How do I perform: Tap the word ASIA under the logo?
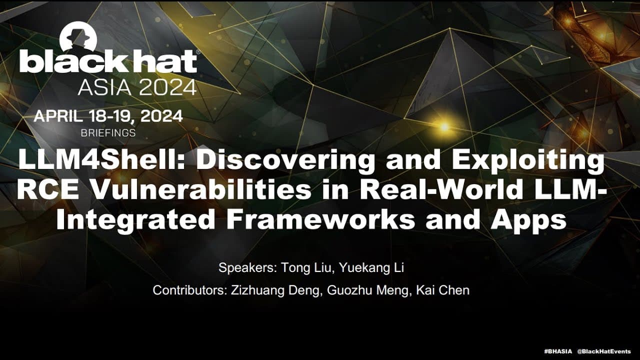click(103, 87)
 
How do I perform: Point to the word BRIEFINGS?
click(108, 133)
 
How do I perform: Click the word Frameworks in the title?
click(320, 220)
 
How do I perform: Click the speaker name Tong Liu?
click(305, 268)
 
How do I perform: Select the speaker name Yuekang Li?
click(371, 268)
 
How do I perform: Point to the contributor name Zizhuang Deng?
click(275, 290)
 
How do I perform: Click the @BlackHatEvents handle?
click(603, 351)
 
